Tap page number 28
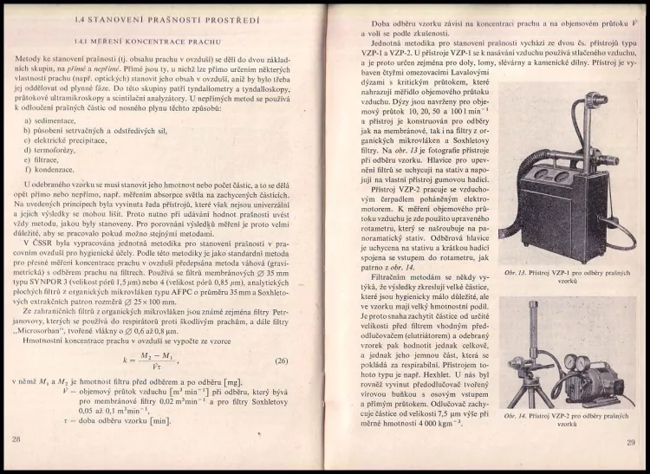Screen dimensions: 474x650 pos(16,439)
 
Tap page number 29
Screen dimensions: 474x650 pos(631,442)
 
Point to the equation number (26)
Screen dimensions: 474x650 pos(281,360)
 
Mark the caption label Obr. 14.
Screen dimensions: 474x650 pos(515,416)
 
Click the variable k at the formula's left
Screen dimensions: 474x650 pos(127,359)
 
